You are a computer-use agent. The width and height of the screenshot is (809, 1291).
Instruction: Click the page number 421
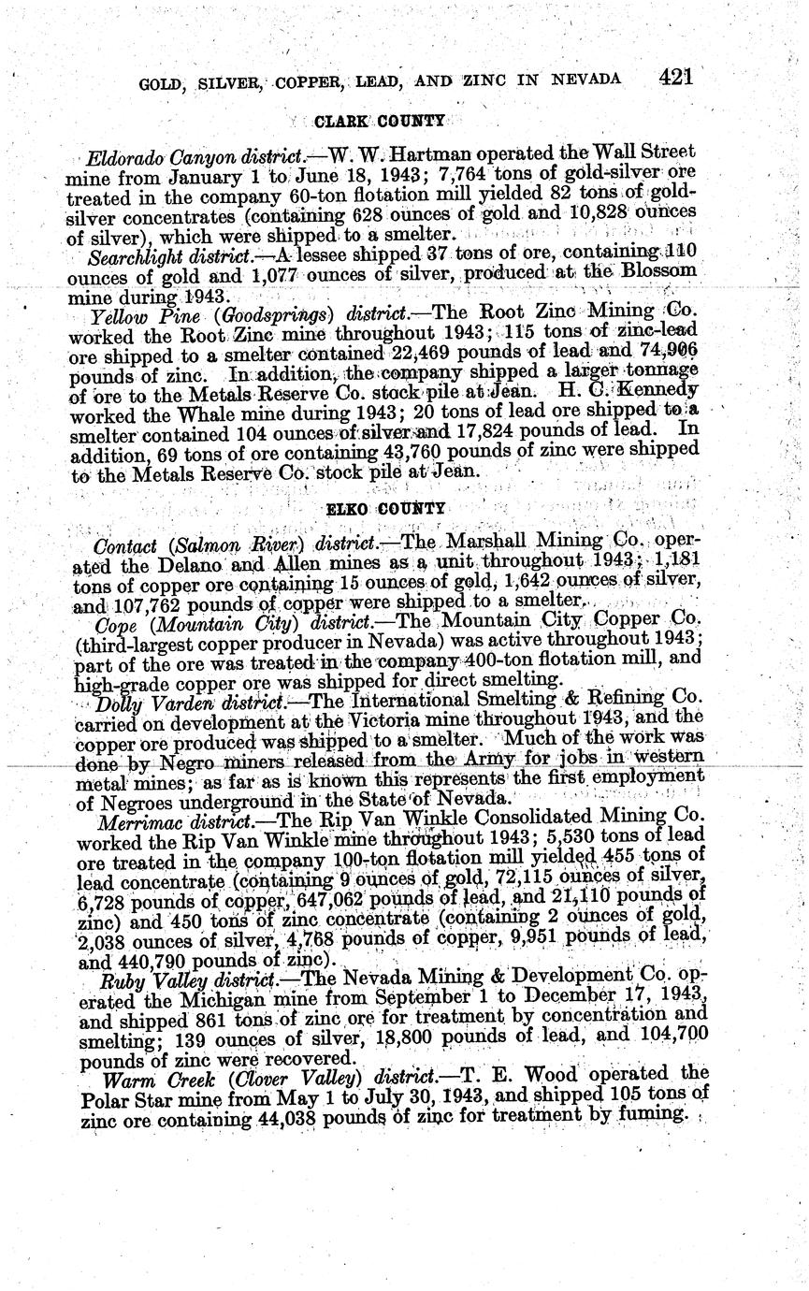coord(674,76)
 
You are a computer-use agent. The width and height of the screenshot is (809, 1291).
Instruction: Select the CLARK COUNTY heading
coord(379,122)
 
